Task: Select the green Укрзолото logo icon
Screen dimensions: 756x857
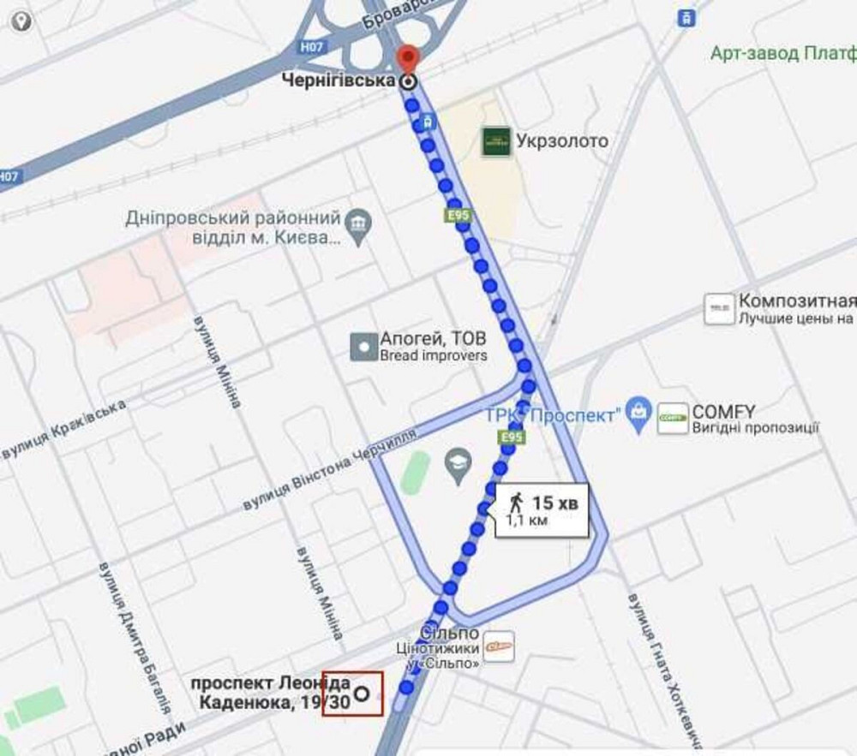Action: click(495, 141)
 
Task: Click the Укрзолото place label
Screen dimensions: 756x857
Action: click(562, 141)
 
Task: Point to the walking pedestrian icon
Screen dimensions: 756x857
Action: click(516, 503)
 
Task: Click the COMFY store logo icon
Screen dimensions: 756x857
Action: click(673, 418)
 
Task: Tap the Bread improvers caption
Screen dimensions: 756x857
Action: click(434, 355)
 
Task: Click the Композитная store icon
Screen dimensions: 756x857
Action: click(719, 309)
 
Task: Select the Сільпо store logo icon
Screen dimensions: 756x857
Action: click(499, 646)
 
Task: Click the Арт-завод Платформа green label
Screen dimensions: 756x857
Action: click(782, 53)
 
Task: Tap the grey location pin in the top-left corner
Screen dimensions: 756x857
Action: click(20, 20)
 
